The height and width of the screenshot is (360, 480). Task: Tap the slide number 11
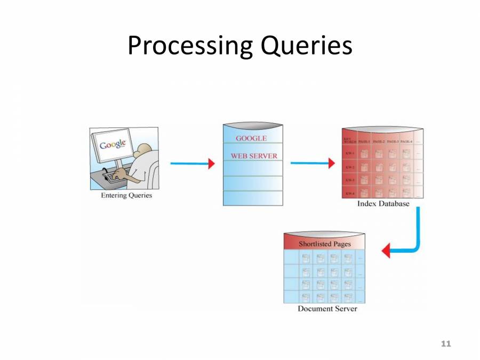[446, 343]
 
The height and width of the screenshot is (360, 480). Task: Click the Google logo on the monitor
[113, 143]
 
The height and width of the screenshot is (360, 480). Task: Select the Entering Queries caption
[126, 195]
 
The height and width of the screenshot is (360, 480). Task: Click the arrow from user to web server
[192, 164]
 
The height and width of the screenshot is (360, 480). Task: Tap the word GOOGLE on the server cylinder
[251, 138]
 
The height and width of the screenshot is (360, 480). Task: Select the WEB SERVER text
[254, 156]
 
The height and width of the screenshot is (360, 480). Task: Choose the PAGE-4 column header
[406, 141]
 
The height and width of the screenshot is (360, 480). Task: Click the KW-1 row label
[350, 154]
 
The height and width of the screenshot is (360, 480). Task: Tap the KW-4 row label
[350, 193]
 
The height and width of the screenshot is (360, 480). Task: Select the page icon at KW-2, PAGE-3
[392, 167]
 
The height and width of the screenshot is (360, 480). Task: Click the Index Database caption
[383, 204]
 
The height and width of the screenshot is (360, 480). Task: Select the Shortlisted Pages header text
[324, 244]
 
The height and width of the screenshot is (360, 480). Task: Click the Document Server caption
[327, 309]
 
